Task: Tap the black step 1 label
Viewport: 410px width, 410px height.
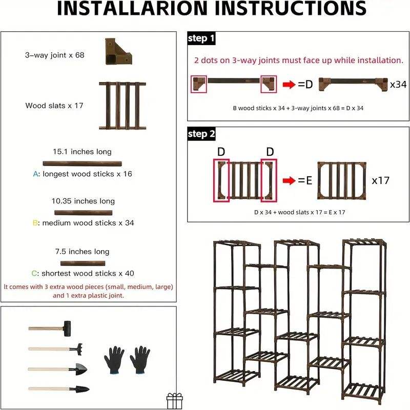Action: (x=201, y=39)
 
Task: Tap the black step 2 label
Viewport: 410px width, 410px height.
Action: (x=201, y=134)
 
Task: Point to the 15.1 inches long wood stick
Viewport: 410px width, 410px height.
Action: (x=83, y=163)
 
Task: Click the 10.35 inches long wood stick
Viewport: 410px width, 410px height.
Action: (x=84, y=212)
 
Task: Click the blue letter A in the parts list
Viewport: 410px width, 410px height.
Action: (x=35, y=174)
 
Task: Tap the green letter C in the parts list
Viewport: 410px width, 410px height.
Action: (x=34, y=273)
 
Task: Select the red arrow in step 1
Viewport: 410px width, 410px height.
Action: (x=290, y=85)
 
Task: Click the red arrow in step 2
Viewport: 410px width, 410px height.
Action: (x=290, y=181)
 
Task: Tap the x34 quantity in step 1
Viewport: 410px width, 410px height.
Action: (x=398, y=84)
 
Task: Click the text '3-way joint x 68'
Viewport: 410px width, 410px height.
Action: (x=54, y=55)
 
